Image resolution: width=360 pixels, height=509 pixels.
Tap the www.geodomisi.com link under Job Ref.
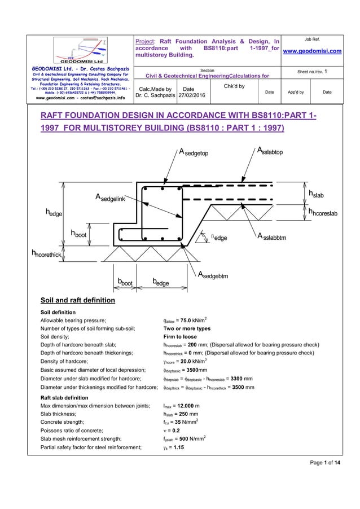pyautogui.click(x=320, y=52)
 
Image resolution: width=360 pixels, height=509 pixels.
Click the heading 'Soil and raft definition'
pyautogui.click(x=78, y=300)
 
